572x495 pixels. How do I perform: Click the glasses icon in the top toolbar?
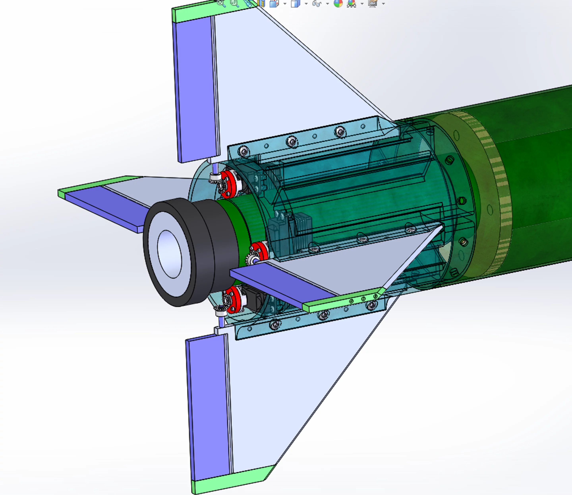[317, 3]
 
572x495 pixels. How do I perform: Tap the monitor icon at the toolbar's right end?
[372, 3]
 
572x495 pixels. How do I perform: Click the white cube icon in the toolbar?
[295, 4]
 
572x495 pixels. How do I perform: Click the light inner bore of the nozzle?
[169, 254]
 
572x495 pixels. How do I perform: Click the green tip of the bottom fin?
[232, 480]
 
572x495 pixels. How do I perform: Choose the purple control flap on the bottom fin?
[208, 406]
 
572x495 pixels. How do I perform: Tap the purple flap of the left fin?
[105, 205]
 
